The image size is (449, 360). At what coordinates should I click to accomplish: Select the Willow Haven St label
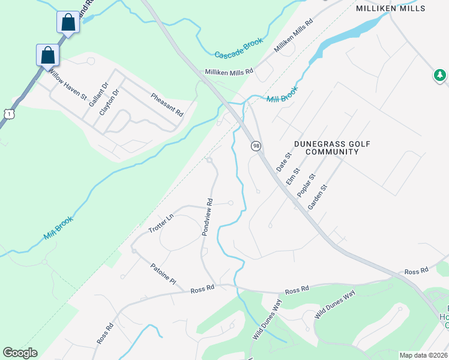tap(68, 84)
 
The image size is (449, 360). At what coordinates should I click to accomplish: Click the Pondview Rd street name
tap(208, 217)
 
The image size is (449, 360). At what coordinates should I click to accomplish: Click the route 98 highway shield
tap(256, 146)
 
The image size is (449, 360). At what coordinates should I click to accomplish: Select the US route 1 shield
tap(7, 113)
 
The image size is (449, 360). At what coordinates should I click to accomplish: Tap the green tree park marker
tap(441, 75)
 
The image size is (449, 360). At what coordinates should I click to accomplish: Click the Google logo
tap(20, 353)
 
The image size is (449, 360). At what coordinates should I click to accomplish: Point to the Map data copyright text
tap(423, 355)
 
